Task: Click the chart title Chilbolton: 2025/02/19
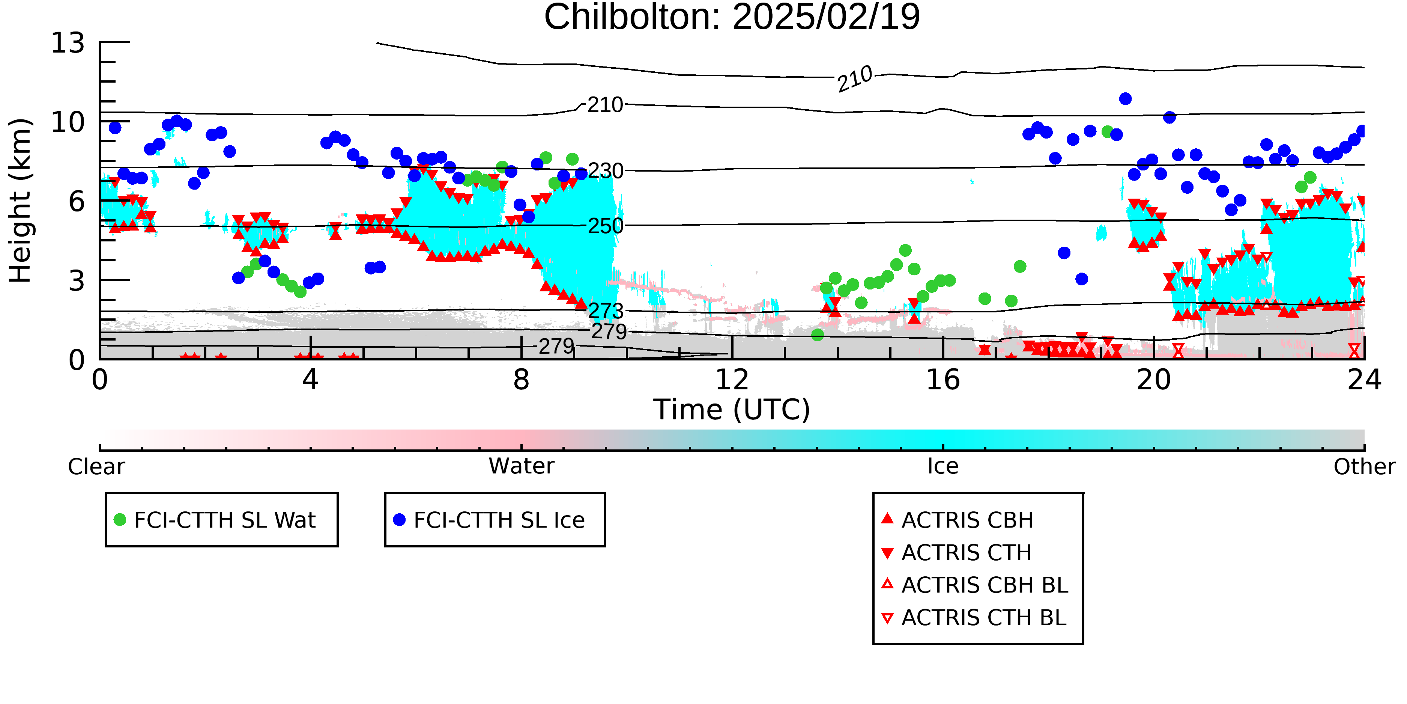pos(732,18)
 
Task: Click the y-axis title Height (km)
pos(21,200)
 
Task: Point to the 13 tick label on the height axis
pos(68,43)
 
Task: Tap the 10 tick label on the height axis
pos(68,122)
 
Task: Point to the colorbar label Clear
pos(96,467)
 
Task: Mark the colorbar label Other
pos(1364,467)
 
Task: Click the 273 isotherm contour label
pos(606,311)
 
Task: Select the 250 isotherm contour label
pos(605,226)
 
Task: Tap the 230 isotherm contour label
pos(606,171)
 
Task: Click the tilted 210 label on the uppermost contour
pos(855,79)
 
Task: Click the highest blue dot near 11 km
pos(1125,99)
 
